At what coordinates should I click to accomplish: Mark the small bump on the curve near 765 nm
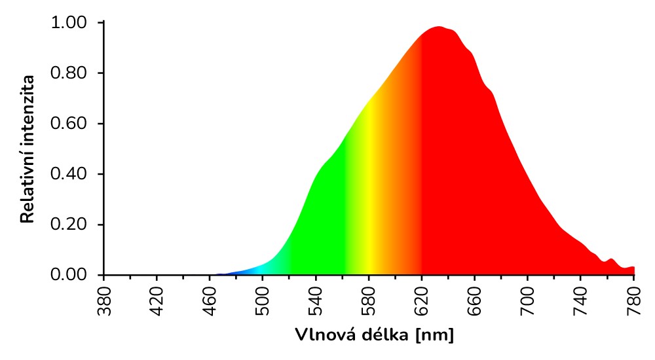click(612, 261)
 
